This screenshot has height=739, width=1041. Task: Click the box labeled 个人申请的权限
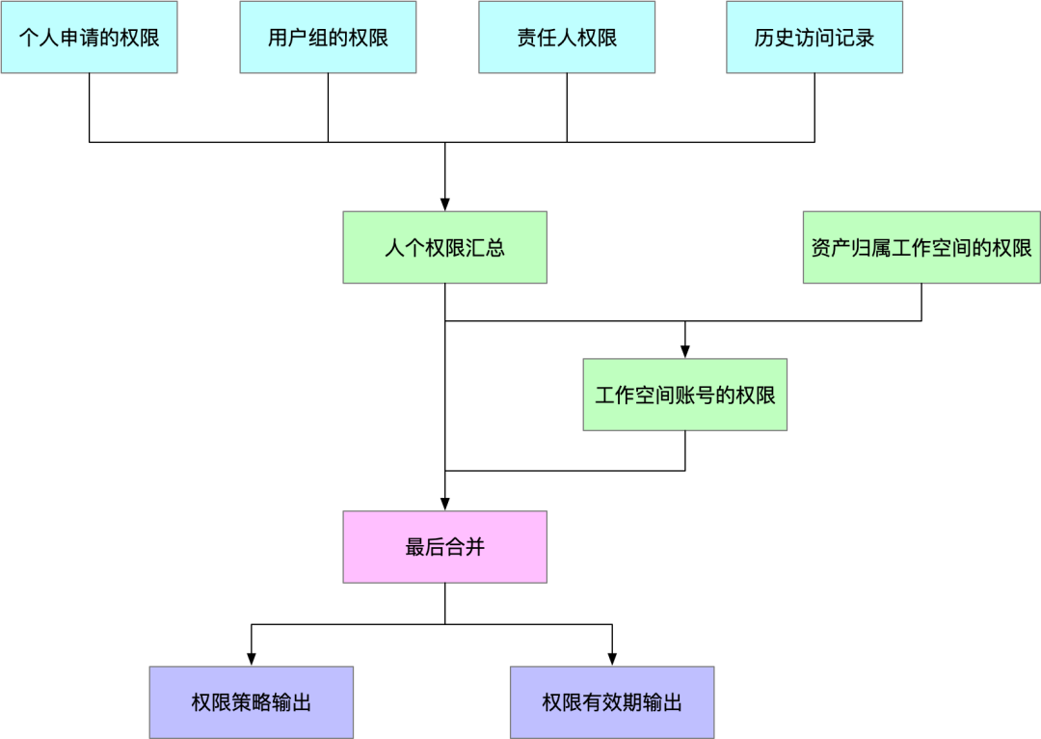coord(89,38)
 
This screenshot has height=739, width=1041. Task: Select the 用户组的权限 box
coord(328,38)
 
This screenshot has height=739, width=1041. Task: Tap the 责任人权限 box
coord(567,38)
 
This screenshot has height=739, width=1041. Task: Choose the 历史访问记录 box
coord(814,38)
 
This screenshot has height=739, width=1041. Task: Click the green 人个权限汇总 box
coord(445,248)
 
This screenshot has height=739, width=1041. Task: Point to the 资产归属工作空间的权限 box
coord(921,248)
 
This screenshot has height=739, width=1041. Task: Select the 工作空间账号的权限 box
coord(685,395)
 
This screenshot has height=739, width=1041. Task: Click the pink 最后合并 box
coord(445,547)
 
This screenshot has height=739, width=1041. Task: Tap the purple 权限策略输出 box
coord(252,702)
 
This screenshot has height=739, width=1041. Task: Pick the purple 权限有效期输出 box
coord(612,702)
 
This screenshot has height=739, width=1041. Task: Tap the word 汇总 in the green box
coord(486,248)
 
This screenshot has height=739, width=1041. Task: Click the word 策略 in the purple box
coord(252,702)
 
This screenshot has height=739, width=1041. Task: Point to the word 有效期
coord(612,702)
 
